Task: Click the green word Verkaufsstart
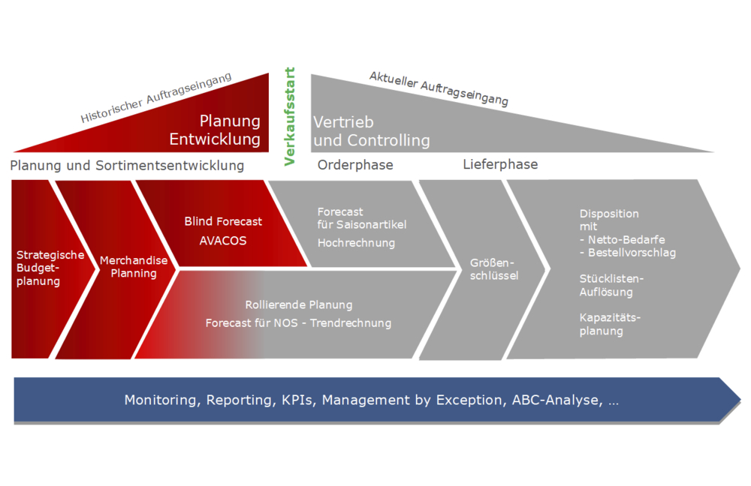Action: [x=290, y=116]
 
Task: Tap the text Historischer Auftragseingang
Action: [x=156, y=98]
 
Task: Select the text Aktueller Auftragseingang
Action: [x=439, y=88]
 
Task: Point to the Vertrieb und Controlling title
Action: [x=371, y=131]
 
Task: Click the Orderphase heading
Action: [x=355, y=165]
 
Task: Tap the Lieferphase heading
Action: [x=500, y=164]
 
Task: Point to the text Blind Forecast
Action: [x=223, y=221]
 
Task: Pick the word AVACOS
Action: [x=222, y=241]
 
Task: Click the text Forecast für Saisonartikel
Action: [x=362, y=218]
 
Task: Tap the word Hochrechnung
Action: [x=356, y=243]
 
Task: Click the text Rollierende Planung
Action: [x=298, y=305]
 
